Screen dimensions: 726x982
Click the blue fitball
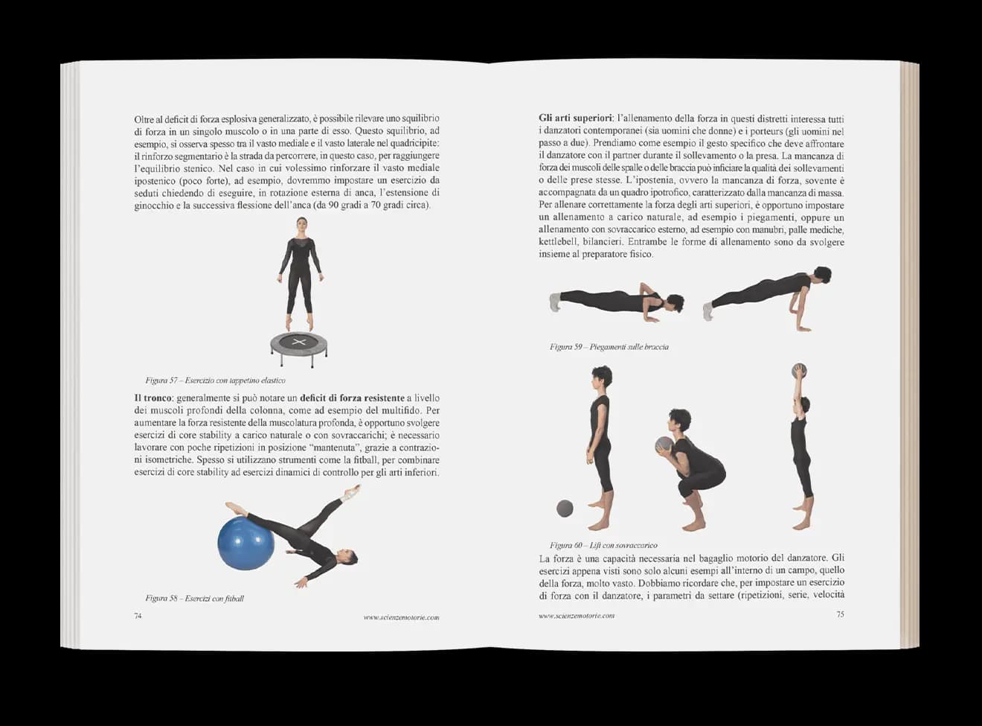point(246,544)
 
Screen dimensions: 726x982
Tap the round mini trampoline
point(298,344)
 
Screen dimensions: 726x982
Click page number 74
point(138,616)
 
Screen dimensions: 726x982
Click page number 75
point(840,614)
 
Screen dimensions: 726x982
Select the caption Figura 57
point(215,380)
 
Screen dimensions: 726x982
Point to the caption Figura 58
point(194,598)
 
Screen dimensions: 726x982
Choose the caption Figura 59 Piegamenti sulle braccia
point(609,347)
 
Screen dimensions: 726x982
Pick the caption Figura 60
point(603,545)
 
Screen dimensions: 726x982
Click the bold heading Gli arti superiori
point(576,118)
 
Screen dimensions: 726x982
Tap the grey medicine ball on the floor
point(565,509)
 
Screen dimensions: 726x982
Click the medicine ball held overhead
point(800,370)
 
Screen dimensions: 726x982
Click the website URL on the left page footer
point(401,617)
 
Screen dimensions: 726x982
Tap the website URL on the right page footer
point(577,616)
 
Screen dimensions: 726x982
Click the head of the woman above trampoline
point(301,226)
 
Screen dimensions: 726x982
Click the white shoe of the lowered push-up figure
point(554,302)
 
